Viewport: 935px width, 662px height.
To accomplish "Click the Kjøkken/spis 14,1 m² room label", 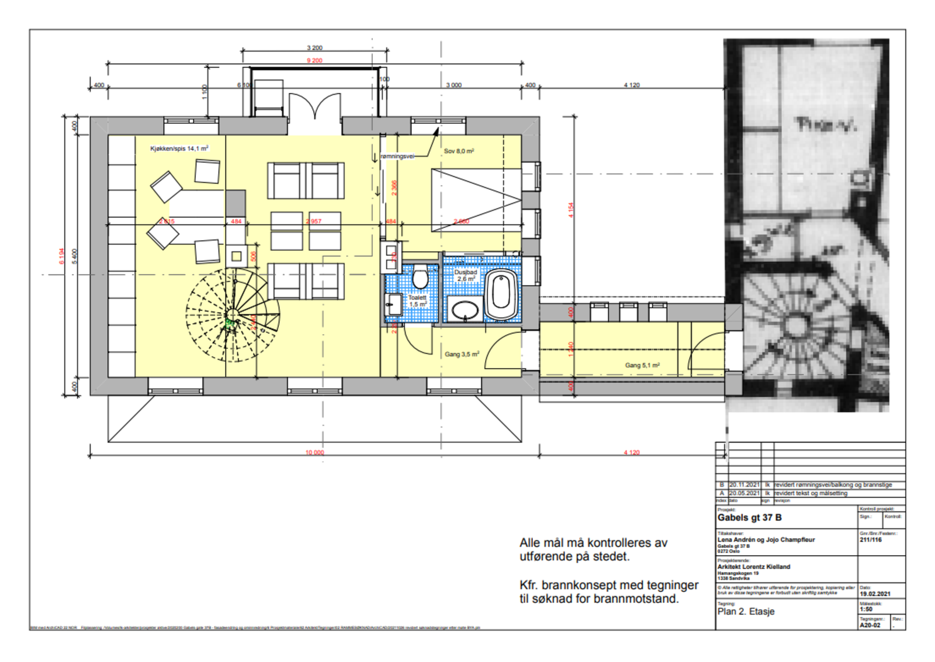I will tap(179, 149).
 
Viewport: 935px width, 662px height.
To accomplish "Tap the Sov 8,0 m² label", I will tap(459, 151).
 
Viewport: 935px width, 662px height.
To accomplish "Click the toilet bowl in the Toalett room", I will tap(420, 278).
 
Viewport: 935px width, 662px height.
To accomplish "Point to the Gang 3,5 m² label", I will tap(462, 354).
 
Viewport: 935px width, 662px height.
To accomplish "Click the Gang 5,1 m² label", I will tap(642, 365).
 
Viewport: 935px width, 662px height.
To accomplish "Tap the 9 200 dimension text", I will tap(314, 61).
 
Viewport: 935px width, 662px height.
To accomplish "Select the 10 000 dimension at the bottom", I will tap(314, 452).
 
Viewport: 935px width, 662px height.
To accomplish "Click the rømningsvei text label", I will tap(397, 157).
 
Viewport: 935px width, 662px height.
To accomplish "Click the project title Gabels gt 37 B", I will tap(749, 518).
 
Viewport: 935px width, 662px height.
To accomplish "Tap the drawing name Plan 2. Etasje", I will tap(746, 611).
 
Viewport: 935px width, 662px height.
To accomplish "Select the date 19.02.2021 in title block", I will tap(875, 594).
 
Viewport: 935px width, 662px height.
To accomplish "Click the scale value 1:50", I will tap(866, 609).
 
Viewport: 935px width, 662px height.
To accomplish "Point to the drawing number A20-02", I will tap(870, 625).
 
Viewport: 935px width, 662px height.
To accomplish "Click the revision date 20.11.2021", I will tap(744, 485).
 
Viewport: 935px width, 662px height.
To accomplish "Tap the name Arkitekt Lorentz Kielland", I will tap(753, 567).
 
